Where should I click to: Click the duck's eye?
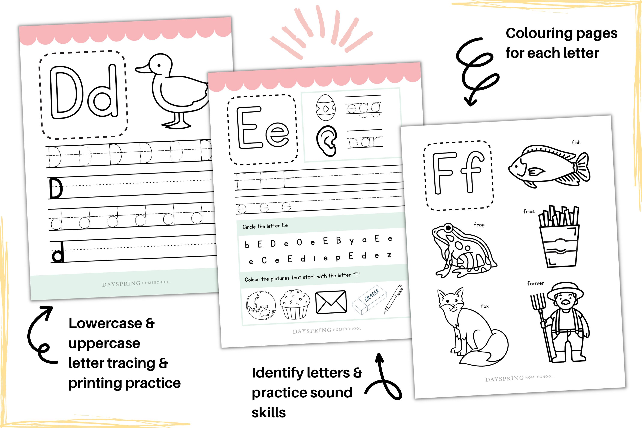pyautogui.click(x=159, y=65)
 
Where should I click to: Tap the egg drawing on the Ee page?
pyautogui.click(x=325, y=108)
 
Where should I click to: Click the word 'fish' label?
pyautogui.click(x=576, y=142)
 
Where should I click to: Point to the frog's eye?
pyautogui.click(x=448, y=227)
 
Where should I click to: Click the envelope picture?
pyautogui.click(x=331, y=302)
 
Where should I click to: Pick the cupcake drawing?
pyautogui.click(x=295, y=304)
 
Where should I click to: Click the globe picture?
pyautogui.click(x=261, y=305)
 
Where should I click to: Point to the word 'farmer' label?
pyautogui.click(x=536, y=283)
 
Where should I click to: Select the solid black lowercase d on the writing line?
pyautogui.click(x=58, y=253)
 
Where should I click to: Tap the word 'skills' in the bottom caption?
pyautogui.click(x=269, y=412)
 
